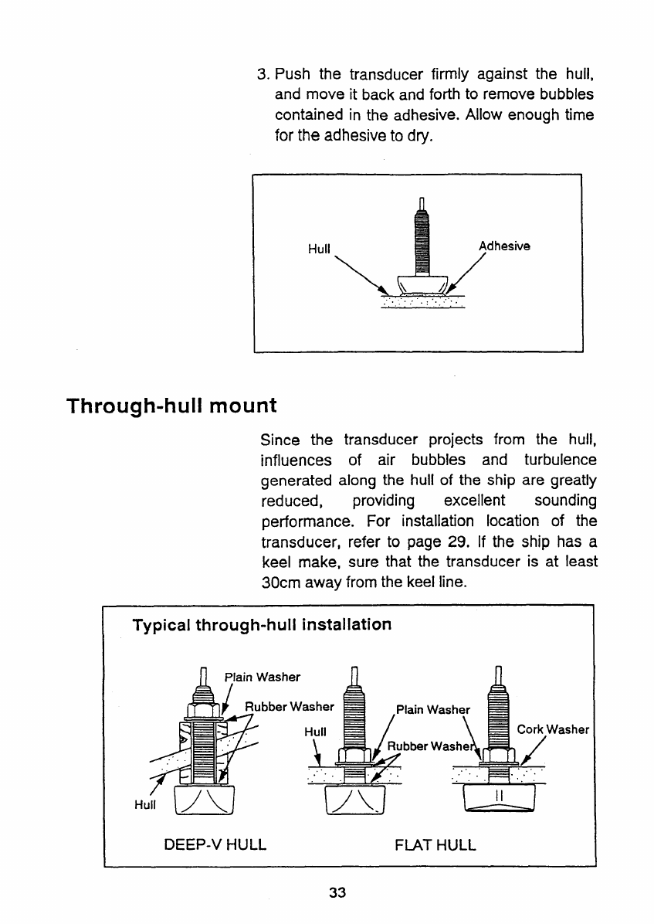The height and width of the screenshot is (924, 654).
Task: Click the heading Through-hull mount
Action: click(171, 406)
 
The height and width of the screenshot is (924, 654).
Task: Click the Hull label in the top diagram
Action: click(319, 250)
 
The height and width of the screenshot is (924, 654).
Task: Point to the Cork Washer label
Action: click(553, 729)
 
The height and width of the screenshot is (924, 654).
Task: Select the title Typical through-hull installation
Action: click(262, 623)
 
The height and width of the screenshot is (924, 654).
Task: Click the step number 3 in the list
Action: click(262, 76)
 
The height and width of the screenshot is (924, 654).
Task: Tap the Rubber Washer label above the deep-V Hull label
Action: click(290, 705)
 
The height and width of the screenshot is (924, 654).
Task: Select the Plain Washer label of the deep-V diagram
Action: click(262, 678)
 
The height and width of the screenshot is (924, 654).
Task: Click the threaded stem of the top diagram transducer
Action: click(422, 239)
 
